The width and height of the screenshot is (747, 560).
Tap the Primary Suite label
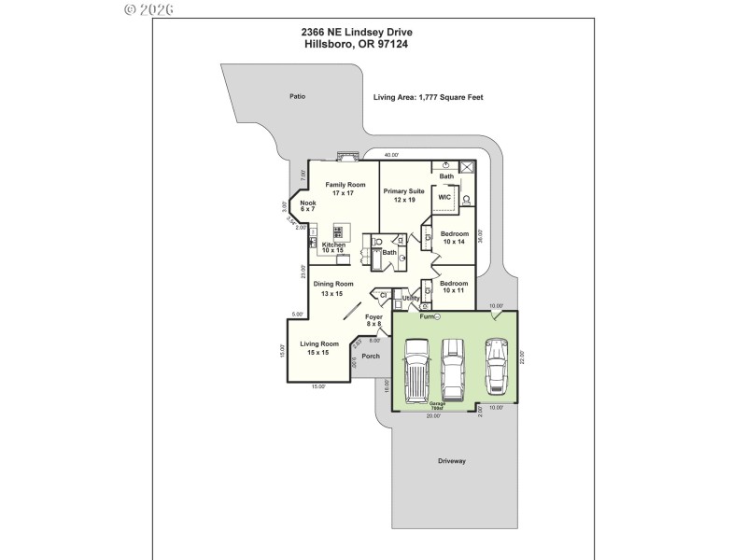pos(403,195)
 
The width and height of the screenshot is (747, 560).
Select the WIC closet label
pos(444,197)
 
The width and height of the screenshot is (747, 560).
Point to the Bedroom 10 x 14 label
pos(454,237)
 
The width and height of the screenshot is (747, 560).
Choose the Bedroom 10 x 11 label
pos(454,287)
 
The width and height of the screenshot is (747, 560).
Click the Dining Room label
pos(332,288)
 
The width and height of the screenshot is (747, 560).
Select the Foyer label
pos(373,321)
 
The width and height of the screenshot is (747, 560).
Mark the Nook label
pos(308,206)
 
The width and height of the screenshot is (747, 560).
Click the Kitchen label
pos(333,248)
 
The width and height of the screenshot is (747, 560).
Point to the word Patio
pos(297,96)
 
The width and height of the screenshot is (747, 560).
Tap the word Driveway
pos(452,461)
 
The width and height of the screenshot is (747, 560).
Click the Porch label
pos(372,356)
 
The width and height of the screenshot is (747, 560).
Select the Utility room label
pos(411,299)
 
